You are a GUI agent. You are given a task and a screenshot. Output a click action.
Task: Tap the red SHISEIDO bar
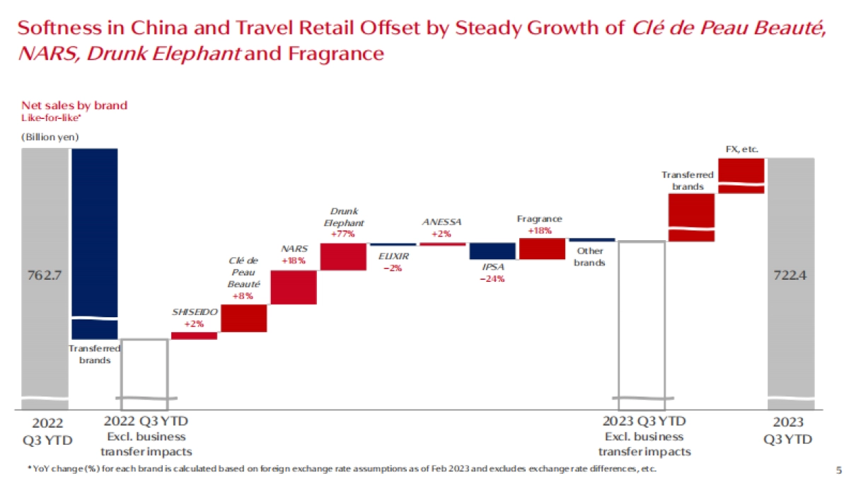tap(194, 336)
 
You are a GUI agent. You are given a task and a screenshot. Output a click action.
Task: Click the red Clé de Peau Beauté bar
tap(243, 318)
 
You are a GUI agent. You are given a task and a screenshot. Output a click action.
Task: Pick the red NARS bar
tap(293, 288)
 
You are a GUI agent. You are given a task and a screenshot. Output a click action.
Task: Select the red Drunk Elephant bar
tap(342, 256)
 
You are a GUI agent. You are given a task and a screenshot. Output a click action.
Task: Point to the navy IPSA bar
tap(492, 251)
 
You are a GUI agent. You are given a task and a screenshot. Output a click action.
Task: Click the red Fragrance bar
tap(542, 249)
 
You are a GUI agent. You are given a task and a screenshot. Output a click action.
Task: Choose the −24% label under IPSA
tap(492, 278)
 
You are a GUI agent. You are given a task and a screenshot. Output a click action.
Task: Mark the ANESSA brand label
tap(441, 222)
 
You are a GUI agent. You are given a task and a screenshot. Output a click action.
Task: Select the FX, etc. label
tap(741, 149)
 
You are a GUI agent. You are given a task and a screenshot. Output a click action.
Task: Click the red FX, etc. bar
tap(741, 174)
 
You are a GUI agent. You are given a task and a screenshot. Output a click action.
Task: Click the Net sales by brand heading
tap(74, 106)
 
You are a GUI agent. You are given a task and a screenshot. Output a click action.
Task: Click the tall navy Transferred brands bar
tap(95, 234)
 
